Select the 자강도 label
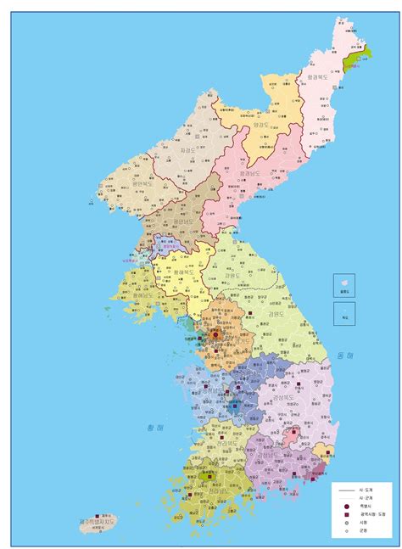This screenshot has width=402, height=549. coord(190,150)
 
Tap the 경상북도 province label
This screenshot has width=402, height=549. coord(284,397)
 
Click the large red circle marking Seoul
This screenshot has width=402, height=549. coord(216,334)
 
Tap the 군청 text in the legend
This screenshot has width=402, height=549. coord(363,531)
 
